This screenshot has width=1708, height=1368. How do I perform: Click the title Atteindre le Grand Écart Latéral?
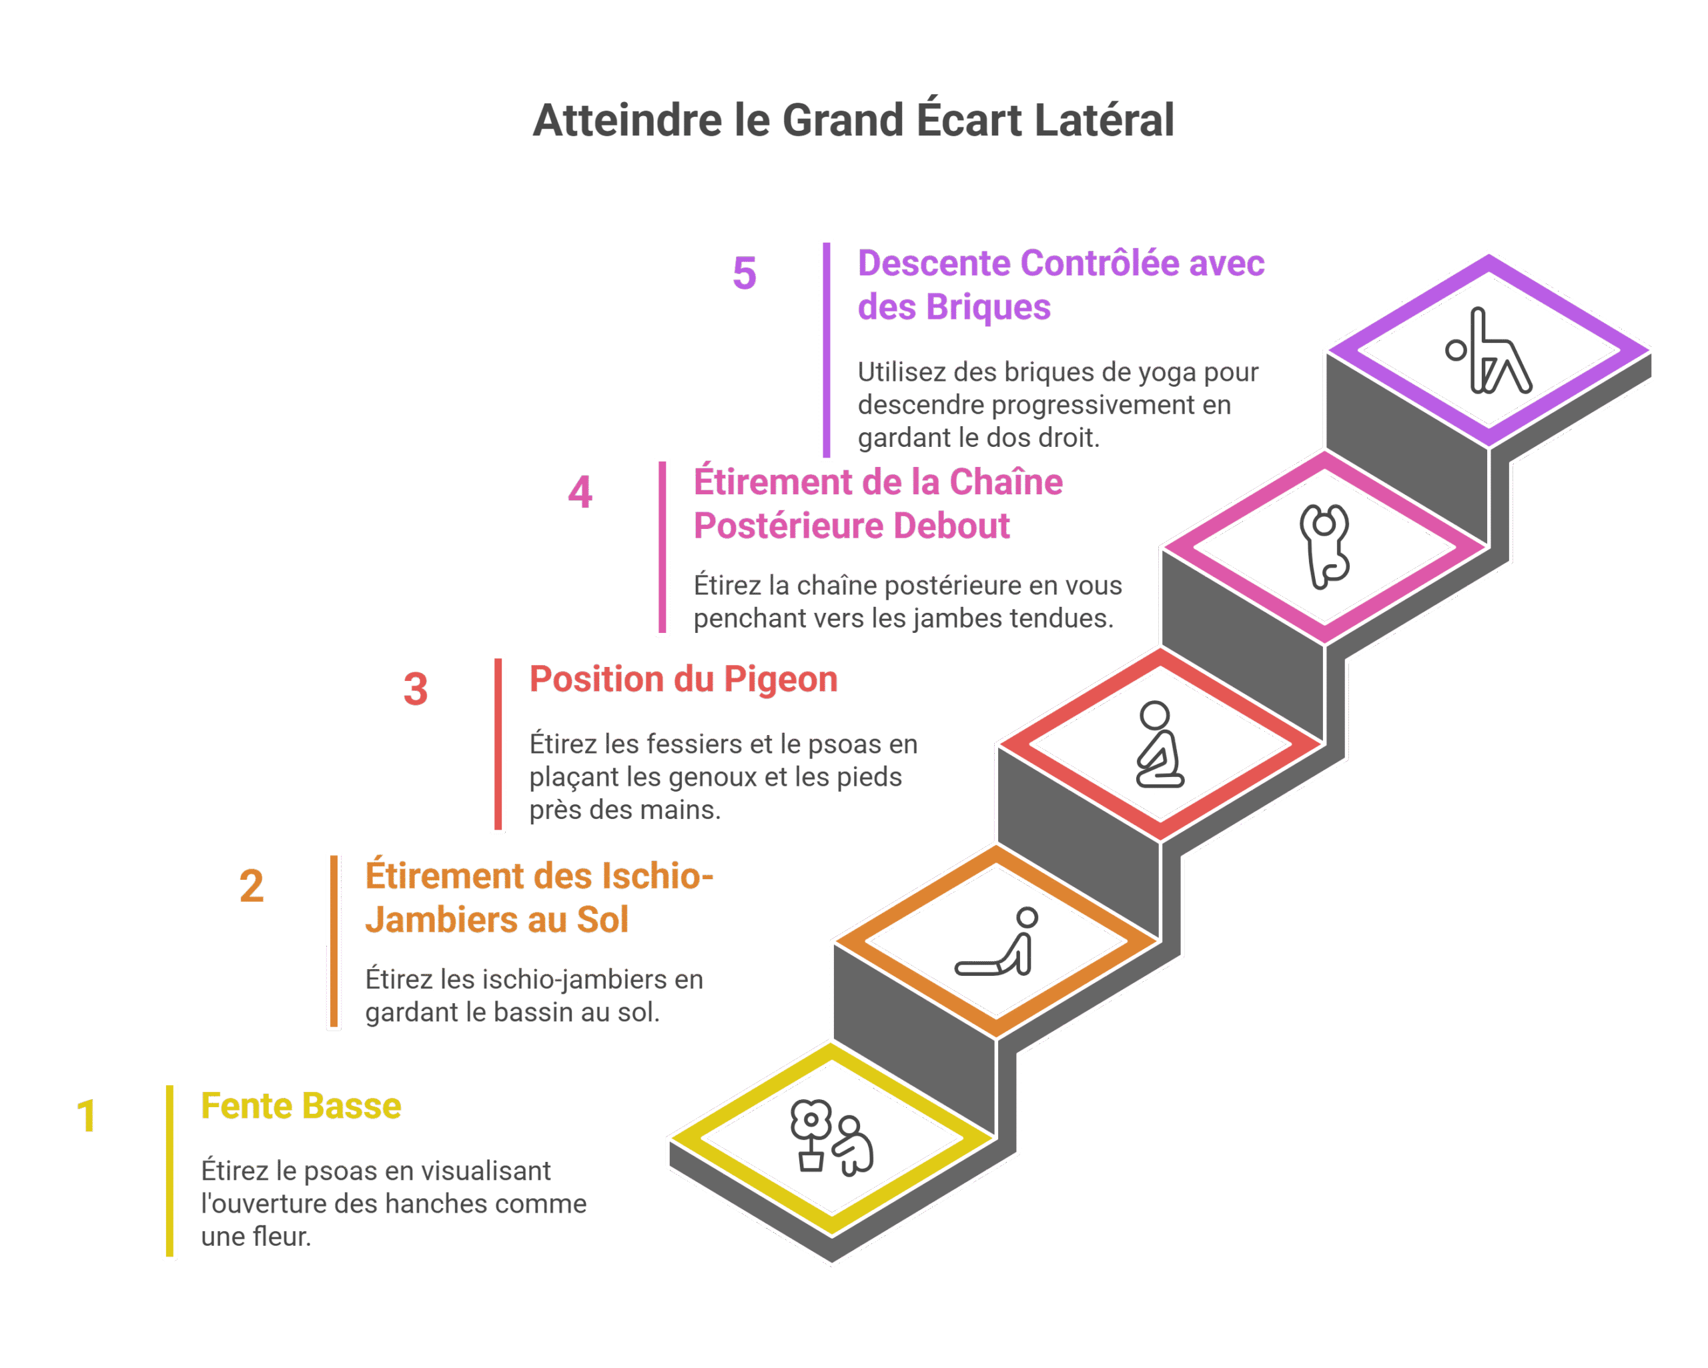coord(853,121)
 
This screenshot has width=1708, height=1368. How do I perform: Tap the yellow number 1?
coord(86,1116)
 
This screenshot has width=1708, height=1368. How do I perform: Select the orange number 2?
coord(251,886)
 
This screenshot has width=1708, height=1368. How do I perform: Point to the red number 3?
coord(416,688)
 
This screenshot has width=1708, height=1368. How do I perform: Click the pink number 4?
coord(580,492)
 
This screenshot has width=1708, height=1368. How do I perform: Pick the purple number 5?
coord(745,273)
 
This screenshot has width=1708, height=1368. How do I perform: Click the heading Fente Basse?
coord(301,1106)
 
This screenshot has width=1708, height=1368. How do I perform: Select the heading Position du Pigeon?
coord(683,680)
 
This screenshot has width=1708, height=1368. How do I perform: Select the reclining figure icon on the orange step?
coord(997,942)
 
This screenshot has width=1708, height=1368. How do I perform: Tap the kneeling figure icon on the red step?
coord(1158,744)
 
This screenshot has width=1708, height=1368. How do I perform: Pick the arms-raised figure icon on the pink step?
coord(1324,546)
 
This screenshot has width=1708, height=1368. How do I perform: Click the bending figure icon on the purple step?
coord(1488,351)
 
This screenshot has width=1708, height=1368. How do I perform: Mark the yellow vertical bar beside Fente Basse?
coord(169,1170)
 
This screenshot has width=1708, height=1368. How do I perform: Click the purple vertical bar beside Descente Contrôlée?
coord(826,350)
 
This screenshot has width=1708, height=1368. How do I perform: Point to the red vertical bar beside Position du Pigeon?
coord(498,744)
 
